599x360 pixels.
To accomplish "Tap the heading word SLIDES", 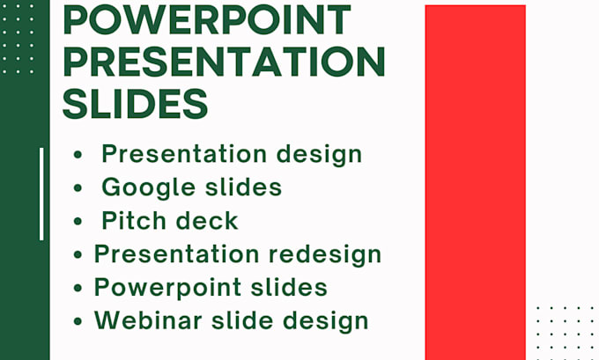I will [x=136, y=103].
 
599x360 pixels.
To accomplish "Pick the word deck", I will [x=208, y=220].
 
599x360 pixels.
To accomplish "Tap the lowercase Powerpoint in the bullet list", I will [x=164, y=288].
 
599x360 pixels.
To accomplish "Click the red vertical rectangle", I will [x=475, y=182].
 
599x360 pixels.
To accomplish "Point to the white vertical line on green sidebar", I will [x=41, y=194].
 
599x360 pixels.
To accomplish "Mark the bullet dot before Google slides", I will [x=79, y=188].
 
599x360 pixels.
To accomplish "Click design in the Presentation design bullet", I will [x=318, y=154].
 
